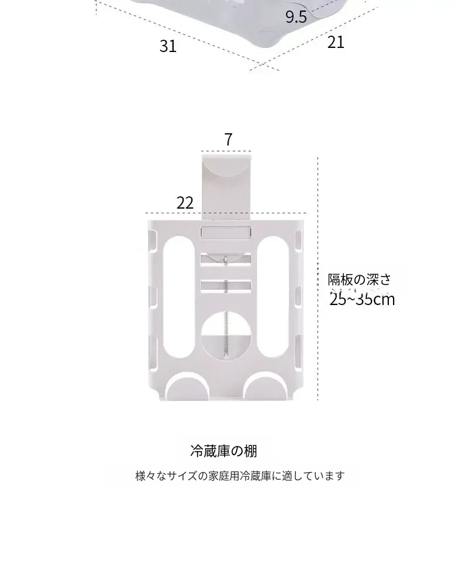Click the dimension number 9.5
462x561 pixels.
(296, 16)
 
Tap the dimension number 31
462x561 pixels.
(168, 46)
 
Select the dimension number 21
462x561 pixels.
(336, 42)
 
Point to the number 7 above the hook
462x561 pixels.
(228, 140)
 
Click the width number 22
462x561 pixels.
(185, 203)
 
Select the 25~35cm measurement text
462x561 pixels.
(362, 299)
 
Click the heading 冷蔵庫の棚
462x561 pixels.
(223, 451)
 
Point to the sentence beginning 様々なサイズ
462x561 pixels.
(240, 476)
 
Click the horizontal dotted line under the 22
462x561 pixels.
(175, 213)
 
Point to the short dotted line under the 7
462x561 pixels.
(227, 150)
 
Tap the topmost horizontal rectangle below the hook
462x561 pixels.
(226, 233)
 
